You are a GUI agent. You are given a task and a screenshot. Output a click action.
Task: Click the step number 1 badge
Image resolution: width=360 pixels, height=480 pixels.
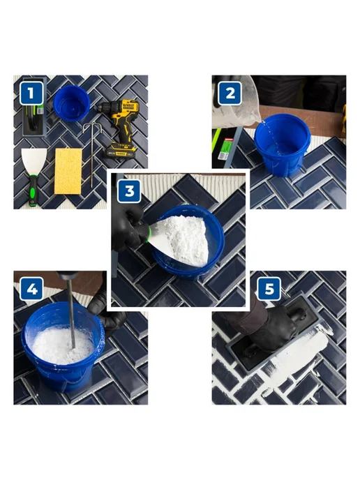coord(31,93)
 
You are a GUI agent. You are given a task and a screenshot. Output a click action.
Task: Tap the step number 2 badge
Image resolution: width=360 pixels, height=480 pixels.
coord(230,93)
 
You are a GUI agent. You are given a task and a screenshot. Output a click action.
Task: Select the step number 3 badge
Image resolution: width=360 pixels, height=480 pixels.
coord(129,190)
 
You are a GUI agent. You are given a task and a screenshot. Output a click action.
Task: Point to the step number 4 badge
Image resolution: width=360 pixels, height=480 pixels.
coord(31,289)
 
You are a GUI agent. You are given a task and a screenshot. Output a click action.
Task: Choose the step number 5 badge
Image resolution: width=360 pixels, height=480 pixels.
coord(269,289)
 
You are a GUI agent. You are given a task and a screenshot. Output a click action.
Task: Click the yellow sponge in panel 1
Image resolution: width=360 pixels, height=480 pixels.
coord(68,171)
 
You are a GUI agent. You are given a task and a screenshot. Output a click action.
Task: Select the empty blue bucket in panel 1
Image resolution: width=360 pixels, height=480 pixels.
coord(72,103)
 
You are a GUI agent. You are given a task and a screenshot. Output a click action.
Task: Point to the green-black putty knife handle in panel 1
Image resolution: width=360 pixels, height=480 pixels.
coord(33,190)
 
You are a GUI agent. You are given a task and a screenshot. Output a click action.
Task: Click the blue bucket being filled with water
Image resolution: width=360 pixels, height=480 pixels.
coord(283,145)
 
